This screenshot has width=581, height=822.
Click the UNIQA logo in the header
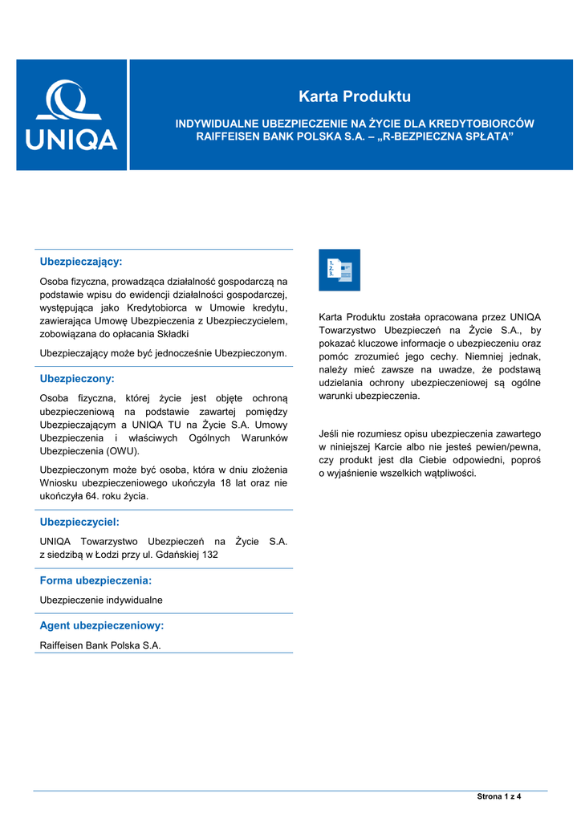point(71,115)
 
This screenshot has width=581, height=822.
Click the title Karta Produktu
point(354,97)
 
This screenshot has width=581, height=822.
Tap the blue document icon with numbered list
point(339,270)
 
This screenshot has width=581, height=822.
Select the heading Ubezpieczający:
point(81,262)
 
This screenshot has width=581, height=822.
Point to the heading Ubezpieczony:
point(77,377)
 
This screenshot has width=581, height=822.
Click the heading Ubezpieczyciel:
point(79,522)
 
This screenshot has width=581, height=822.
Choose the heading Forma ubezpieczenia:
point(95,580)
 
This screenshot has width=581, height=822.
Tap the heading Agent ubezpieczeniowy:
point(102,625)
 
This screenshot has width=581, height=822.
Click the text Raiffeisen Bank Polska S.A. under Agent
point(100,645)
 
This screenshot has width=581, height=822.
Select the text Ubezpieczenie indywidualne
point(101,600)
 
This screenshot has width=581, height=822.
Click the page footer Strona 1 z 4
point(499,796)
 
